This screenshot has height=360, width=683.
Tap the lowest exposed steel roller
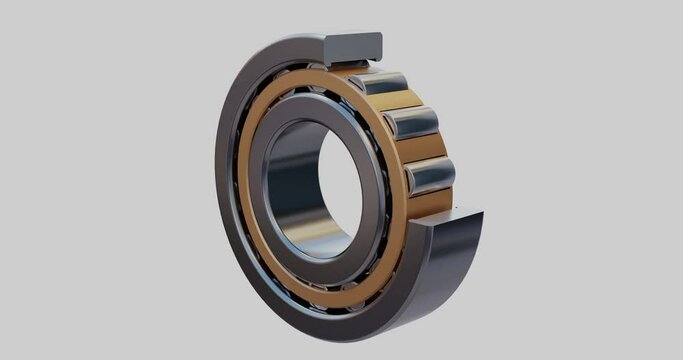pyautogui.click(x=430, y=175)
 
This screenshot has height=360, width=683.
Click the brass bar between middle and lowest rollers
pyautogui.click(x=424, y=148)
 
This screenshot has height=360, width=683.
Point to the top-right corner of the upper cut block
pyautogui.click(x=380, y=35)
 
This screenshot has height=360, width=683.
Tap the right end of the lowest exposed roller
pyautogui.click(x=452, y=174)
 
